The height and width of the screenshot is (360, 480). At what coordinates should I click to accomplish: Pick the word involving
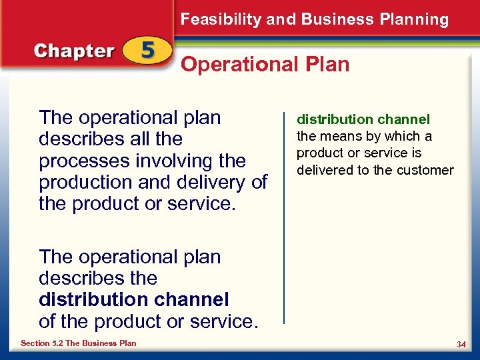click(171, 161)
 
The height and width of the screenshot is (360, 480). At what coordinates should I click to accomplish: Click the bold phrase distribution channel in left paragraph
click(133, 299)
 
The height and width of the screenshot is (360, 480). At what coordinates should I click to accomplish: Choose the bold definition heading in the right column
click(363, 120)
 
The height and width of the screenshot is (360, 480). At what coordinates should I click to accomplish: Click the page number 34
click(461, 344)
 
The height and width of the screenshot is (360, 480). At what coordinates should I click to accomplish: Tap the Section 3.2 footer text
click(78, 343)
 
